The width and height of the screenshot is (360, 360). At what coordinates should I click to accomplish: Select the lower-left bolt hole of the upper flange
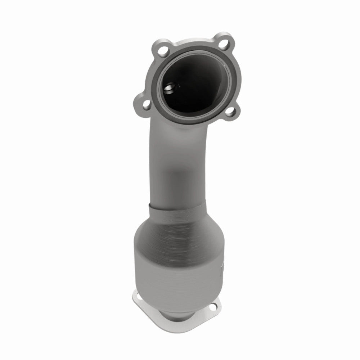click(145, 105)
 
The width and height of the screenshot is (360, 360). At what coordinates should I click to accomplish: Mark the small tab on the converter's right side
click(222, 268)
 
